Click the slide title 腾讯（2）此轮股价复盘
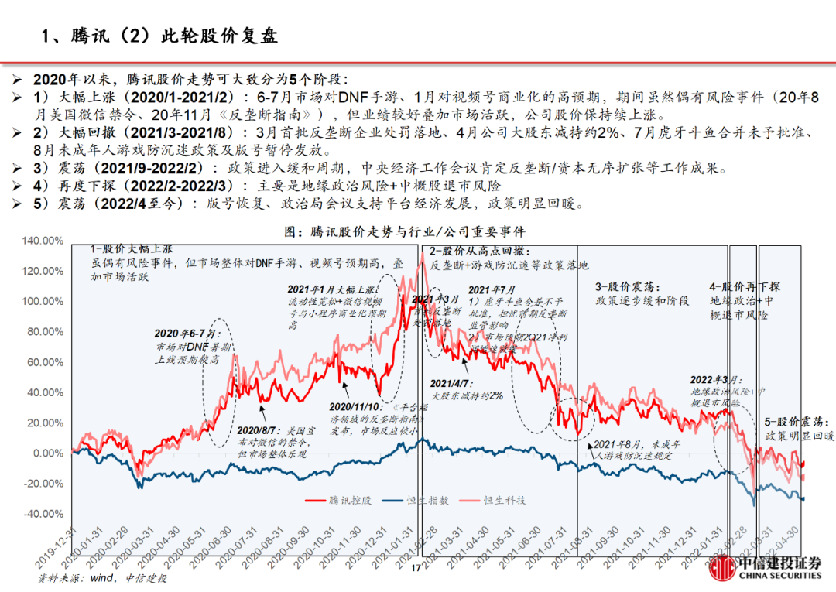[x=159, y=36]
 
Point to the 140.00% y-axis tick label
[x=42, y=241]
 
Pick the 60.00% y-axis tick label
[x=44, y=362]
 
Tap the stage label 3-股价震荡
[x=624, y=286]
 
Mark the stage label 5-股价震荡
[x=797, y=422]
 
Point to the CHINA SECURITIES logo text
[x=779, y=575]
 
